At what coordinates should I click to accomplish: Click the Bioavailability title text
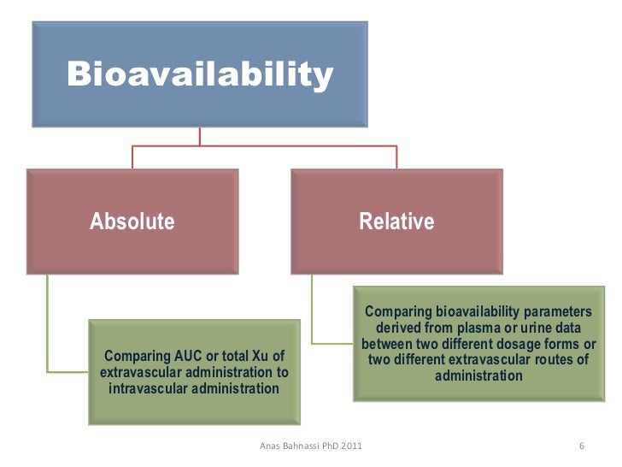click(199, 75)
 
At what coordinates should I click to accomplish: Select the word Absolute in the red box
click(132, 222)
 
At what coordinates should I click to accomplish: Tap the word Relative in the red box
click(396, 222)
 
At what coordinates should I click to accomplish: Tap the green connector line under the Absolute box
click(48, 325)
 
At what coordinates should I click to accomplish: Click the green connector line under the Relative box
click(313, 308)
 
